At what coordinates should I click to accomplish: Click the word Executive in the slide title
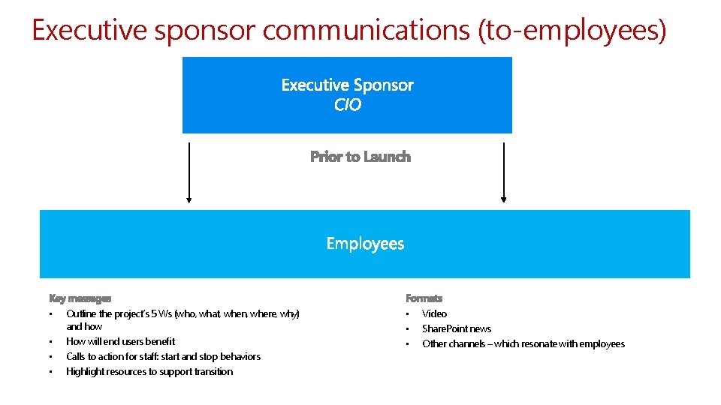click(88, 31)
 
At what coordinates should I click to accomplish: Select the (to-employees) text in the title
click(572, 31)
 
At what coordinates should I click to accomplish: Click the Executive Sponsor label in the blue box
click(347, 85)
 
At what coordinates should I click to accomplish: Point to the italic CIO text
click(347, 105)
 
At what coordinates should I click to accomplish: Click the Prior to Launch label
click(360, 157)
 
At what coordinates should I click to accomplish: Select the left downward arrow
click(189, 172)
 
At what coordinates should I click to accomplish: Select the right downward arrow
click(504, 172)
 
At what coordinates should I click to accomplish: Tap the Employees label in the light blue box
click(365, 244)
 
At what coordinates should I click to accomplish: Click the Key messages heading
click(80, 298)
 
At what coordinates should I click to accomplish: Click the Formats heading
click(424, 298)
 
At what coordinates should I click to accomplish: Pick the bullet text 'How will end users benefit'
click(120, 341)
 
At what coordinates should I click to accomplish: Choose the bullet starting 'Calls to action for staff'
click(163, 356)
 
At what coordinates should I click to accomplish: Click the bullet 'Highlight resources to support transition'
click(149, 371)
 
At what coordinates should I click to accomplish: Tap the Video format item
click(434, 313)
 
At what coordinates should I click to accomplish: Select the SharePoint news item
click(457, 328)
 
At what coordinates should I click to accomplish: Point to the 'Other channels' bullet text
click(523, 343)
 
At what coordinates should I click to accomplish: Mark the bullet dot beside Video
click(407, 313)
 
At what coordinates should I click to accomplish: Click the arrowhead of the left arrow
click(189, 200)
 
